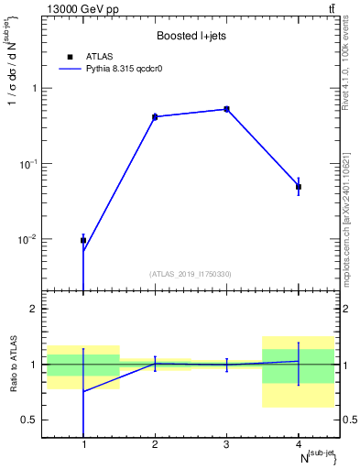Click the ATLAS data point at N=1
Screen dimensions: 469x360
83,240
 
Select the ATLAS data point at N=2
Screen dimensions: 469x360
155,117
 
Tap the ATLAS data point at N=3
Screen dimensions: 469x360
226,109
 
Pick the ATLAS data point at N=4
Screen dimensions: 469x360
299,187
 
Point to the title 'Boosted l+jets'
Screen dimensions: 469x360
191,36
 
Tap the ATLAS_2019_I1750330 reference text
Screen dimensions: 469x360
191,274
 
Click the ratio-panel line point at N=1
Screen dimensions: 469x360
83,391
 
